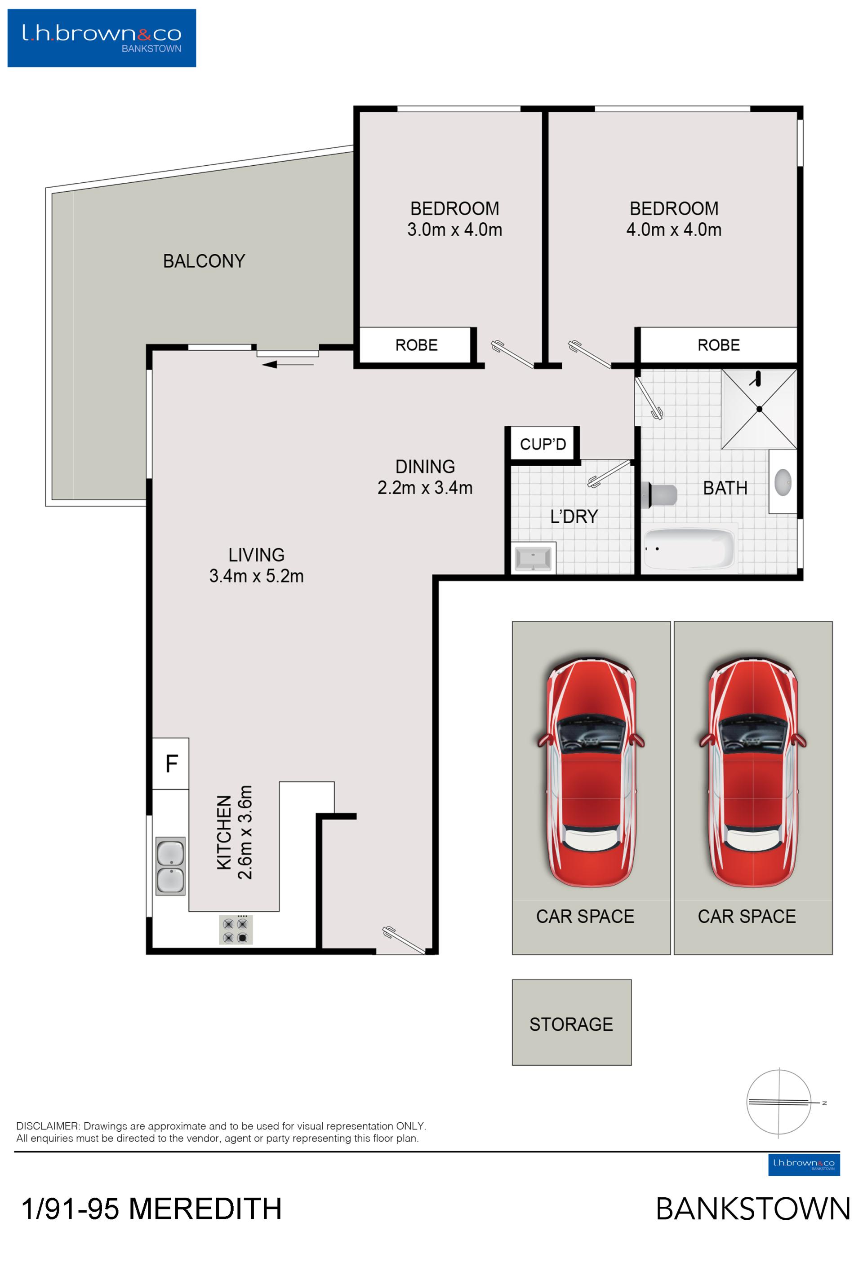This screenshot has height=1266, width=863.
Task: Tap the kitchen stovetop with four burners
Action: [236, 930]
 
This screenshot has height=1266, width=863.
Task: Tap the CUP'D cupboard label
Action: [543, 445]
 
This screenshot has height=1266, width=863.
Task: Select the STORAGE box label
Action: [571, 1025]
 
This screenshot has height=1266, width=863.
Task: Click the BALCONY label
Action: [204, 261]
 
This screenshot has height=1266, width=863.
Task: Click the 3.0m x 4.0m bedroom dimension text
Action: [455, 229]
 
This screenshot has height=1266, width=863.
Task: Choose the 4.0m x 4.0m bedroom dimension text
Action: [674, 229]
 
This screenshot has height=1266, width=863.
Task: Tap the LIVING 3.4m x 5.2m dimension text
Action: [256, 576]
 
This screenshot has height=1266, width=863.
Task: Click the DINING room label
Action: [425, 467]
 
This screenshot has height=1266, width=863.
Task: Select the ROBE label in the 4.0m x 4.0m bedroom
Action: [719, 345]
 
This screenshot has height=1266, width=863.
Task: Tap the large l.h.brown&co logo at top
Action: [102, 38]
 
